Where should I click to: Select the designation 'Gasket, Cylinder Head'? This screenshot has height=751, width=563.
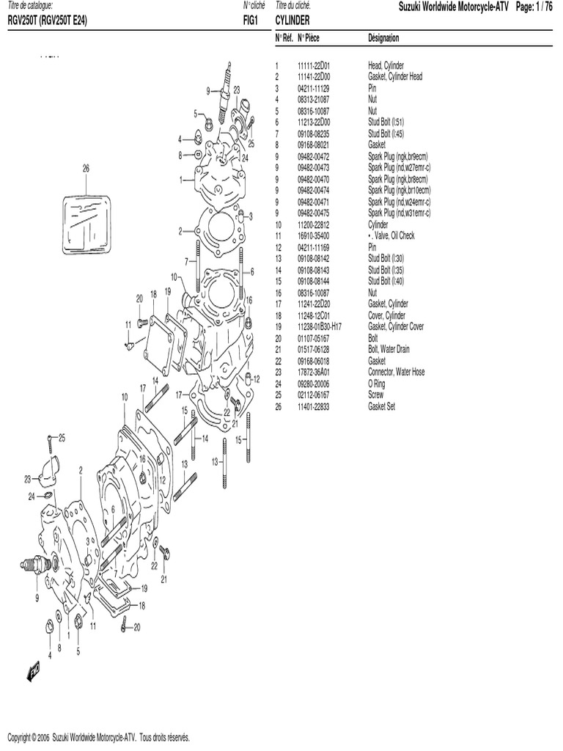pyautogui.click(x=394, y=76)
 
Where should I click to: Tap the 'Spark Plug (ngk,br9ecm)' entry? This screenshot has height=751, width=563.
pyautogui.click(x=397, y=156)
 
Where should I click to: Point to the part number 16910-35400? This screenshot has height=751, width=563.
pyautogui.click(x=314, y=235)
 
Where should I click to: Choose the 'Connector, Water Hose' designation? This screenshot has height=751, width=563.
pyautogui.click(x=396, y=372)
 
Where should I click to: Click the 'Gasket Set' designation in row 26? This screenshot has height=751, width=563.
pyautogui.click(x=381, y=406)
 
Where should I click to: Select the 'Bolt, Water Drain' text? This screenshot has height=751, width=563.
pyautogui.click(x=390, y=349)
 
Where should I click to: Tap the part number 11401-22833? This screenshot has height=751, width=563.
pyautogui.click(x=314, y=406)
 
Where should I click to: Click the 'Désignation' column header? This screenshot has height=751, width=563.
pyautogui.click(x=383, y=37)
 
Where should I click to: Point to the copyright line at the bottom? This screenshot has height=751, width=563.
pyautogui.click(x=98, y=737)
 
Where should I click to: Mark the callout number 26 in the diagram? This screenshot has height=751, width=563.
pyautogui.click(x=86, y=168)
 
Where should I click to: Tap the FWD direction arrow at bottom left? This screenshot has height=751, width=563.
pyautogui.click(x=34, y=670)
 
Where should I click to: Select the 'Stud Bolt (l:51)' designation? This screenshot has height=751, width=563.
pyautogui.click(x=386, y=122)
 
